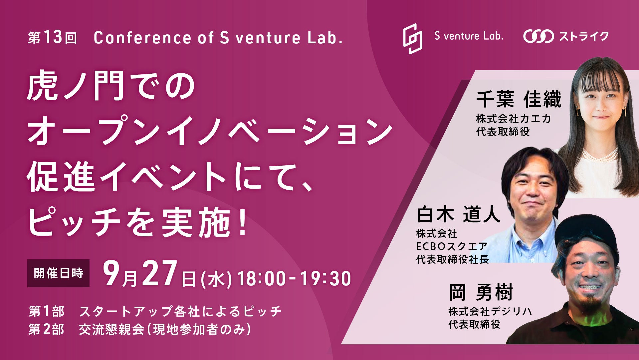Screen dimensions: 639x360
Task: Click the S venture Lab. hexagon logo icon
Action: (x=413, y=39)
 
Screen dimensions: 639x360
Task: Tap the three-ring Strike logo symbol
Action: (x=538, y=36)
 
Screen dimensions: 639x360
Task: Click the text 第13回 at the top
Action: (x=53, y=38)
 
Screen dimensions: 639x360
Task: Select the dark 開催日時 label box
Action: (x=58, y=273)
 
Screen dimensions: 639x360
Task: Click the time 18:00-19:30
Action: (x=294, y=279)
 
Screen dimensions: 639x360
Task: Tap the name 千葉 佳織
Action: (x=519, y=99)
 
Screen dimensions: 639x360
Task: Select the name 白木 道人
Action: (x=458, y=214)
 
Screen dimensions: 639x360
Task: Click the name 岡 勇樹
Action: (x=481, y=292)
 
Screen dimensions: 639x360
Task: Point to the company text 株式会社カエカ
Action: (x=514, y=118)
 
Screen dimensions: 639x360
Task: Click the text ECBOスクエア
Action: (x=452, y=246)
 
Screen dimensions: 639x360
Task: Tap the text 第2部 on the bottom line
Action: (x=46, y=330)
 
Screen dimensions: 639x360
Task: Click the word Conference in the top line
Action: (x=142, y=38)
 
